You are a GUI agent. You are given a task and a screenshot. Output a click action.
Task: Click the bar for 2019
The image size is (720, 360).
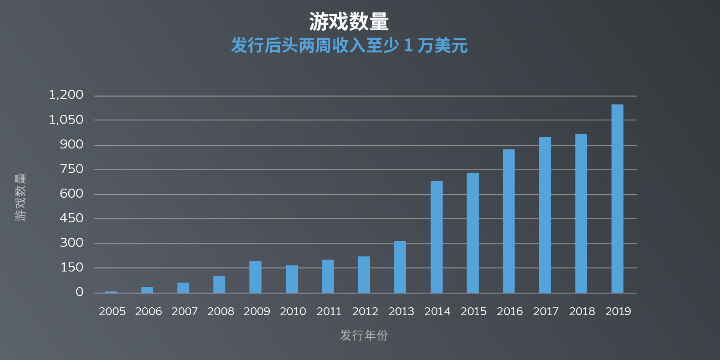(x=617, y=199)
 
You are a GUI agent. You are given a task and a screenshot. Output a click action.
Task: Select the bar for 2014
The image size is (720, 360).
(x=436, y=237)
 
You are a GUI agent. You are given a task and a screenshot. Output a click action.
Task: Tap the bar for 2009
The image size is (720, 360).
(x=255, y=277)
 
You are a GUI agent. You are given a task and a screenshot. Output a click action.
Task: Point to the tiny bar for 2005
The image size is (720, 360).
(x=111, y=292)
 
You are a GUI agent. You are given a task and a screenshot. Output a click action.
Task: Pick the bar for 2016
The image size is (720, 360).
(x=508, y=221)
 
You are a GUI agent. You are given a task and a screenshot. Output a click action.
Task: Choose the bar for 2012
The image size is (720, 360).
(x=364, y=275)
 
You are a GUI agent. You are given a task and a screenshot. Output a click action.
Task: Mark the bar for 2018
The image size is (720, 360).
(x=581, y=213)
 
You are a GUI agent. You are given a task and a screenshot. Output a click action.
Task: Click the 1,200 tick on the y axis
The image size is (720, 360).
(x=66, y=95)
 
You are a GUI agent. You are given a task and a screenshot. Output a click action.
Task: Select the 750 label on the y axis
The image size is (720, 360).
(x=72, y=169)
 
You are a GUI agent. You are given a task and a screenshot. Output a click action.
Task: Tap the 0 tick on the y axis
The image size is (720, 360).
(x=79, y=292)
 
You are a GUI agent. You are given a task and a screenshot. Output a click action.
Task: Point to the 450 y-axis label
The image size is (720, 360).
(x=72, y=218)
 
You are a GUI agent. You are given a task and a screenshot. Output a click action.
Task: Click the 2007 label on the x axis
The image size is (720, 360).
(x=184, y=311)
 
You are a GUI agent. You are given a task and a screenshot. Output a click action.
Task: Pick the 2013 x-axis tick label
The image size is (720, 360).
(x=401, y=311)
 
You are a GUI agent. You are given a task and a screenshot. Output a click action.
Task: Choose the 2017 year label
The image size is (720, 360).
(x=546, y=311)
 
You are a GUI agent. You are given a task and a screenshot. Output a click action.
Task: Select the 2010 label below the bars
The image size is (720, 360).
(x=293, y=311)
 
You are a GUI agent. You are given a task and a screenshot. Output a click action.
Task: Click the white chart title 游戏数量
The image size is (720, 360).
(x=349, y=22)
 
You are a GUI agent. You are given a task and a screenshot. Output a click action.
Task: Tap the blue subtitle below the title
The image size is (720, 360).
(x=349, y=45)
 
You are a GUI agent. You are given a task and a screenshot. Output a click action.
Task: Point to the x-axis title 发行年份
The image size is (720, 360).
(x=364, y=335)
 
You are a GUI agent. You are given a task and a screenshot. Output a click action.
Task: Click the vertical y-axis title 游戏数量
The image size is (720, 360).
(x=20, y=197)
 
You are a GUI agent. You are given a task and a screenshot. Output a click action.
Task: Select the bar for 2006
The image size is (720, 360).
(x=147, y=290)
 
